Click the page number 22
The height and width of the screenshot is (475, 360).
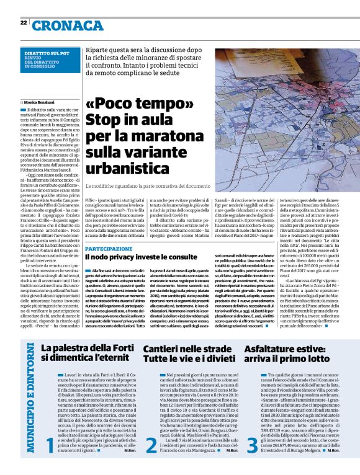click(24, 23)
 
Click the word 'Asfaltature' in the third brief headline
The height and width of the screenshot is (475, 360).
click(270, 350)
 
